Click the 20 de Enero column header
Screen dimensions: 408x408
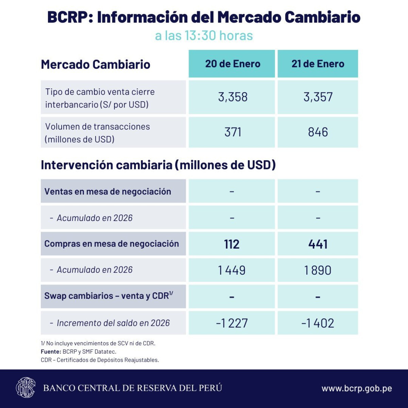pos(233,64)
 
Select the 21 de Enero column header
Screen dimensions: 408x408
pos(318,64)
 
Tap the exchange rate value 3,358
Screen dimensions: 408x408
pos(233,97)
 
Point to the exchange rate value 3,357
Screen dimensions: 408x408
pos(318,97)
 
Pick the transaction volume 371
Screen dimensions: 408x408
pos(233,132)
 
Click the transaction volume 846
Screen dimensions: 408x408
pos(318,132)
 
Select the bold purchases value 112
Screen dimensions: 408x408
pos(232,244)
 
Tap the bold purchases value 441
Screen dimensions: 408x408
pos(318,244)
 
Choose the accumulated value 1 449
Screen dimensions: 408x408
pos(232,270)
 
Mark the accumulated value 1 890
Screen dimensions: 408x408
pos(318,270)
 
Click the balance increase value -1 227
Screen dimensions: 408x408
pos(232,323)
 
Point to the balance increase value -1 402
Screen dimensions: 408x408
pos(318,323)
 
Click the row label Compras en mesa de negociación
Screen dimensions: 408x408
pos(112,244)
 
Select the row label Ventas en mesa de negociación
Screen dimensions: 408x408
pos(107,191)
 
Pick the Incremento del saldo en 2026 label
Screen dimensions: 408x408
pos(113,323)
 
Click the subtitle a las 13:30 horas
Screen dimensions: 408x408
pos(204,36)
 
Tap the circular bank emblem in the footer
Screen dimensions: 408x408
pos(26,388)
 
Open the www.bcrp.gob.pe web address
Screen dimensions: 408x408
pos(357,388)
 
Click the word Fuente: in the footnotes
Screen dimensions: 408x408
pos(51,352)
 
